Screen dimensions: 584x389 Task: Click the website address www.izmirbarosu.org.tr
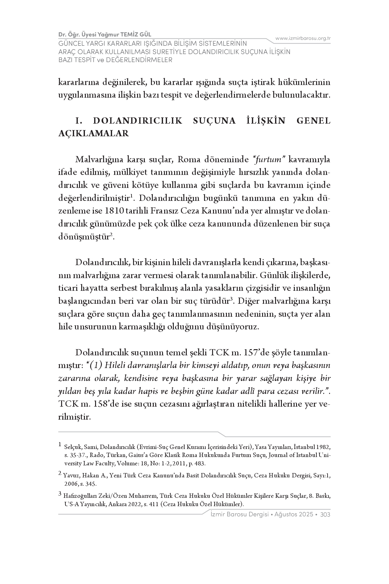coord(303,38)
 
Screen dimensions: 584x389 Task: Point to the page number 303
coord(325,514)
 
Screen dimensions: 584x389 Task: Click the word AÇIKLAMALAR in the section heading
coord(93,133)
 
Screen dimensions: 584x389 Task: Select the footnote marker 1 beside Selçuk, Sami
coord(60,445)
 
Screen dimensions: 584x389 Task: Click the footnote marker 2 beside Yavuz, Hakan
coord(60,473)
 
